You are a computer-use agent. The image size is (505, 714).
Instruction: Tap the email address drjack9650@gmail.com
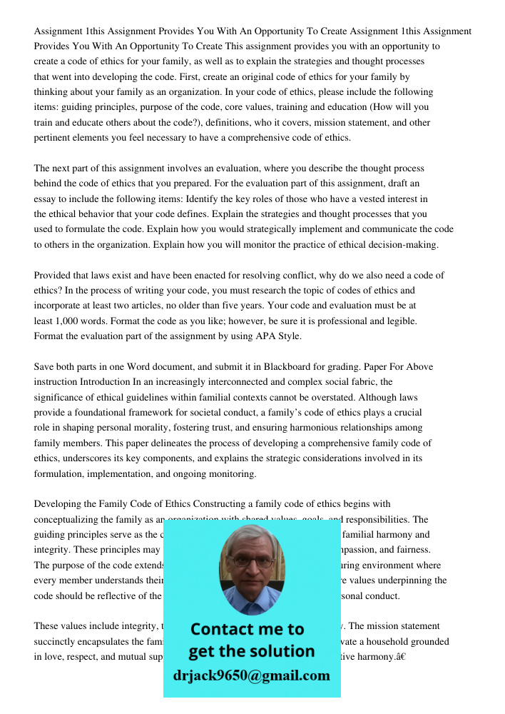[x=251, y=675]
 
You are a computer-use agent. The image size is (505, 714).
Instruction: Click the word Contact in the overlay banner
[x=227, y=629]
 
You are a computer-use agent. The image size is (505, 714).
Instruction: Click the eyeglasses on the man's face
[x=251, y=561]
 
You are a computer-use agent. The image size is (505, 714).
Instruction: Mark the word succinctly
[x=56, y=641]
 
